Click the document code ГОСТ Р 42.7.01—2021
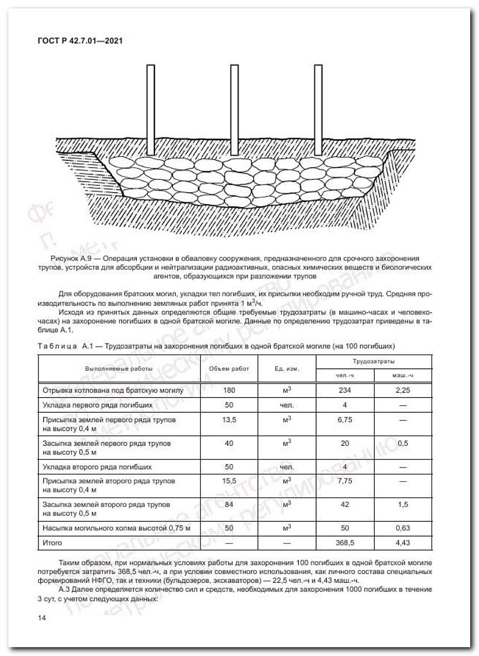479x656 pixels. click(x=80, y=40)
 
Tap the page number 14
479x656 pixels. click(x=42, y=618)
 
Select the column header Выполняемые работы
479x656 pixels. click(x=118, y=368)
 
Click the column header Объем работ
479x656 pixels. click(x=229, y=368)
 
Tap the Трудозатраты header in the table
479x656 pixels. click(x=373, y=361)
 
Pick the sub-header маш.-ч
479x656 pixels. click(x=402, y=375)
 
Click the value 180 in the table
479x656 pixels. click(x=229, y=390)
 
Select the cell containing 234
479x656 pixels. click(x=345, y=390)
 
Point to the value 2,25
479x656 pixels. click(x=402, y=390)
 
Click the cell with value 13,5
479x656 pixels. click(x=229, y=420)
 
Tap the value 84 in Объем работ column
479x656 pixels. click(x=229, y=504)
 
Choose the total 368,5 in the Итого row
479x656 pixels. click(x=345, y=542)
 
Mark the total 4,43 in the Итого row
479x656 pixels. click(x=402, y=542)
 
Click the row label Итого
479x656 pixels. click(x=52, y=542)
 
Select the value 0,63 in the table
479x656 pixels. click(x=402, y=528)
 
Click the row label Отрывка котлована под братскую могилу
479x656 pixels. click(x=113, y=390)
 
